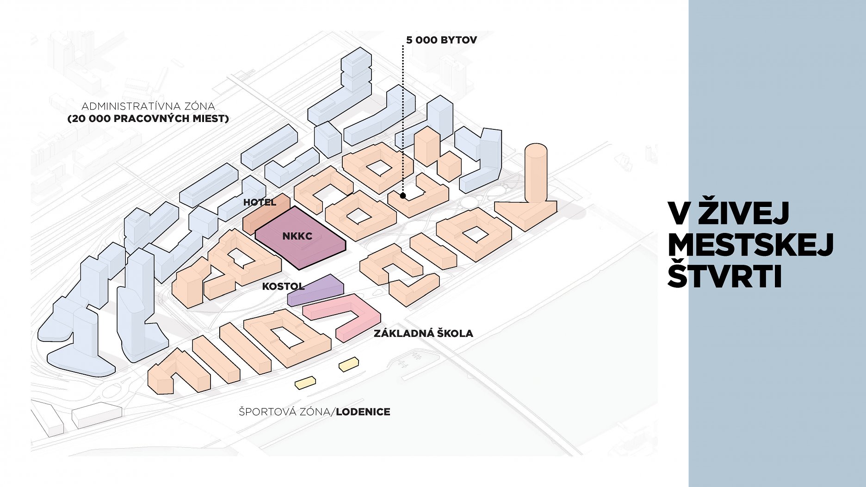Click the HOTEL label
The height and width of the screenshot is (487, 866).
point(260,202)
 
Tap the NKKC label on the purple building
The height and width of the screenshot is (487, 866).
point(297,236)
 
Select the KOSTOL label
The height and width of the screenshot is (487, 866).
point(283,286)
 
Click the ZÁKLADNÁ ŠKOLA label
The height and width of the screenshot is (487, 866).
point(423,333)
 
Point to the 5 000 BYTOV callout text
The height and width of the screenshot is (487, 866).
point(441,40)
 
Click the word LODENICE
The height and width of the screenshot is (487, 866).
point(363,412)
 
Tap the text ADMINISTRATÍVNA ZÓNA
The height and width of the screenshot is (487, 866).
point(148,106)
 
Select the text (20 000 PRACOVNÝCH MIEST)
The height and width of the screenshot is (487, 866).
point(148,119)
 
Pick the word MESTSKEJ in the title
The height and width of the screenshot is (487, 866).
point(750,245)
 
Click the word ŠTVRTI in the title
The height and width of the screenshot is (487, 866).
point(724,277)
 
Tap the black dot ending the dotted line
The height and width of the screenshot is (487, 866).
point(403,196)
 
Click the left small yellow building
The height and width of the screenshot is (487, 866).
point(305,382)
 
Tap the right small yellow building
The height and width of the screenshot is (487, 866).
point(349,364)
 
